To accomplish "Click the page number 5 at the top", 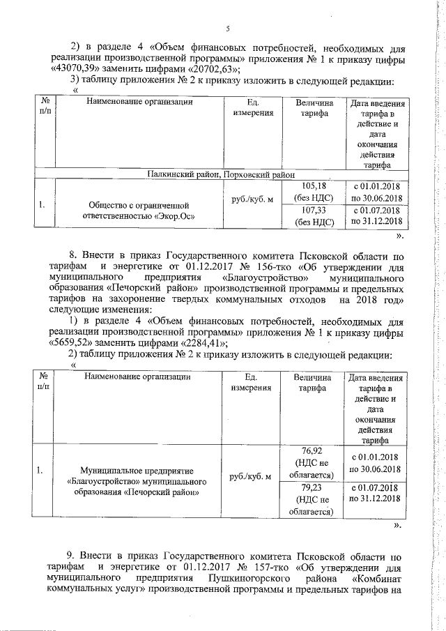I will pos(227,29).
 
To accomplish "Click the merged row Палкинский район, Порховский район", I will pos(221,174).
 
